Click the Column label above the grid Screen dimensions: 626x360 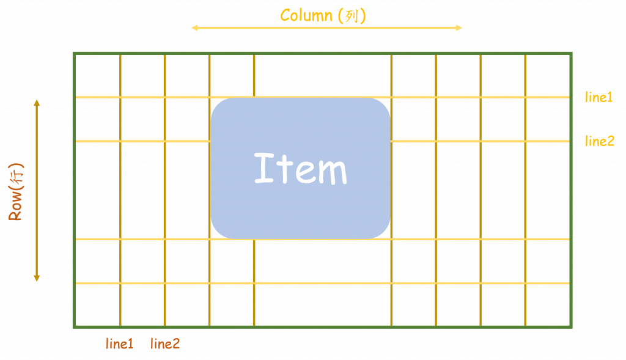pyautogui.click(x=323, y=15)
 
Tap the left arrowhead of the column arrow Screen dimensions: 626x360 pyautogui.click(x=194, y=28)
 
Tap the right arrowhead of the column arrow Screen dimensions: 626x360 pyautogui.click(x=459, y=28)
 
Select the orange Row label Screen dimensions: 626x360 pyautogui.click(x=16, y=192)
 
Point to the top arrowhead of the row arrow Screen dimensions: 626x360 pyautogui.click(x=37, y=101)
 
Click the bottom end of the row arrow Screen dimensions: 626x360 pyautogui.click(x=37, y=278)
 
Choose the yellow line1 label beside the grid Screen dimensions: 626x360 pyautogui.click(x=598, y=97)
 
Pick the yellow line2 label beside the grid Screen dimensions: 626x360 pyautogui.click(x=599, y=141)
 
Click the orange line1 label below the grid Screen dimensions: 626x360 pyautogui.click(x=119, y=343)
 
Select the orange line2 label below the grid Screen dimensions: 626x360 pyautogui.click(x=164, y=343)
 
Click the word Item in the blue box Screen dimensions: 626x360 pyautogui.click(x=300, y=169)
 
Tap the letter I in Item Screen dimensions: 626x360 pyautogui.click(x=263, y=168)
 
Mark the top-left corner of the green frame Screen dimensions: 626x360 pyautogui.click(x=74, y=55)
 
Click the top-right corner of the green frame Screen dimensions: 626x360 pyautogui.click(x=571, y=55)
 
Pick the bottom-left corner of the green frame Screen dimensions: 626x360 pyautogui.click(x=74, y=327)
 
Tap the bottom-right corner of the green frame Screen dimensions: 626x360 pyautogui.click(x=571, y=327)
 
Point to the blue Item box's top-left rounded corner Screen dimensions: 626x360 pyautogui.click(x=218, y=105)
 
